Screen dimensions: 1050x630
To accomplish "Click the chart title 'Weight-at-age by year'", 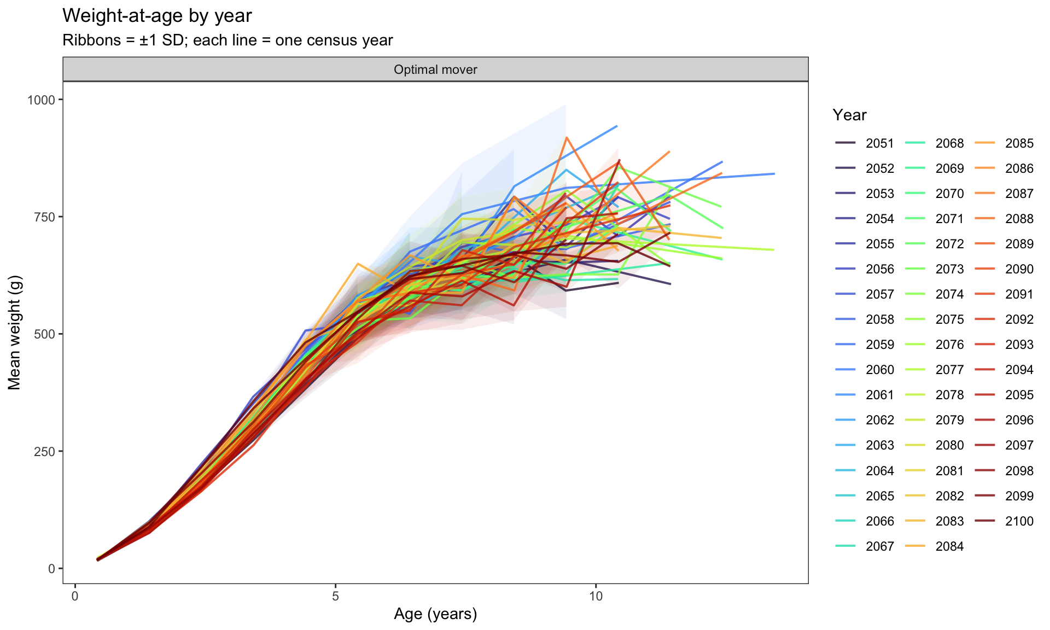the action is click(157, 16).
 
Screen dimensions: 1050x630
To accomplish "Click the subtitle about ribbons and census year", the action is click(227, 40).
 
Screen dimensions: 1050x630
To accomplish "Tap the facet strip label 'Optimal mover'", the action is click(435, 69).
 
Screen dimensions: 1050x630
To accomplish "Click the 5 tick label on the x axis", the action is click(336, 596).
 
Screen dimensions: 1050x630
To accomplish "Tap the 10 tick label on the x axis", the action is click(596, 596).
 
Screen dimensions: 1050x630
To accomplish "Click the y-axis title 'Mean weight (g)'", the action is click(14, 334).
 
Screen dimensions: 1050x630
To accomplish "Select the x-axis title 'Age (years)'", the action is click(435, 614).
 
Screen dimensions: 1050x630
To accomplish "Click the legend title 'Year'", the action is click(849, 115).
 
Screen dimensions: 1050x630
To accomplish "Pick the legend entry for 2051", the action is click(865, 143).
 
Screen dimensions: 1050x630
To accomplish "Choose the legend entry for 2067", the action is click(865, 546).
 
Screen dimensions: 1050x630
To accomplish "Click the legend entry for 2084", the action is click(935, 546).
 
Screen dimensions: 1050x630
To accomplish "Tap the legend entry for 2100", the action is click(1004, 521).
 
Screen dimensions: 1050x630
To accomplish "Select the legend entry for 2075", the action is click(935, 319).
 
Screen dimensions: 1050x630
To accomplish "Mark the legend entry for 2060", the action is click(865, 370).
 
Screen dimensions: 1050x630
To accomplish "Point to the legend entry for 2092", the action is click(1004, 319).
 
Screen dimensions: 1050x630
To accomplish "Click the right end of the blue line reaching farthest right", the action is click(774, 174).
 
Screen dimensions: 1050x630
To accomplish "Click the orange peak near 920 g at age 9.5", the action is click(567, 137).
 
